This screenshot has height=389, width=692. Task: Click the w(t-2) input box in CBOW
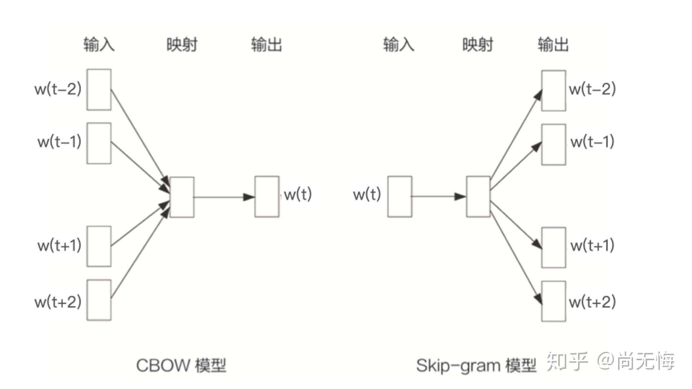pos(99,90)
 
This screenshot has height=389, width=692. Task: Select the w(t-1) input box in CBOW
pos(99,143)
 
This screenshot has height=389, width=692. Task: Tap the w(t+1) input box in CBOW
pos(99,246)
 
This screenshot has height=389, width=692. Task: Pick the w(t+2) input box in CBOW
pos(99,300)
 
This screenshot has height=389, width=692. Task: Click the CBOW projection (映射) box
pos(182,197)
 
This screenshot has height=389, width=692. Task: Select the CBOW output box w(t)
pos(267,197)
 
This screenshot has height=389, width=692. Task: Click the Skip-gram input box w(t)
pos(400,197)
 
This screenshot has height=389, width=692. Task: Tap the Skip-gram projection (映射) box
pos(478,197)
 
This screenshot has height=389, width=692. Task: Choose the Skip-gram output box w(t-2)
pos(554,91)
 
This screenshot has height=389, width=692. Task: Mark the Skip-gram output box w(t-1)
pos(554,144)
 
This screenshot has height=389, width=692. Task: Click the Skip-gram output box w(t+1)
pos(554,247)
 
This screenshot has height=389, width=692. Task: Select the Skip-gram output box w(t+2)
pos(554,301)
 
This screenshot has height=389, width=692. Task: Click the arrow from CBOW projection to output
pos(223,197)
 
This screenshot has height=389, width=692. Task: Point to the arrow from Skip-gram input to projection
pos(438,197)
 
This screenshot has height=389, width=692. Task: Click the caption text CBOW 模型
pos(181,365)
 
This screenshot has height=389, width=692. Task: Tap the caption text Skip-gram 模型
pos(476,365)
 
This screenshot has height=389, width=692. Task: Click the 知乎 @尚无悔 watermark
pos(611,361)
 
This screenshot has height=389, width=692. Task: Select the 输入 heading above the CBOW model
pos(99,45)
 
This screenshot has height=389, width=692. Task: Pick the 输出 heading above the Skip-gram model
pos(553,45)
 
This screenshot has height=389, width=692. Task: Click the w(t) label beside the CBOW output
pos(298,194)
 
